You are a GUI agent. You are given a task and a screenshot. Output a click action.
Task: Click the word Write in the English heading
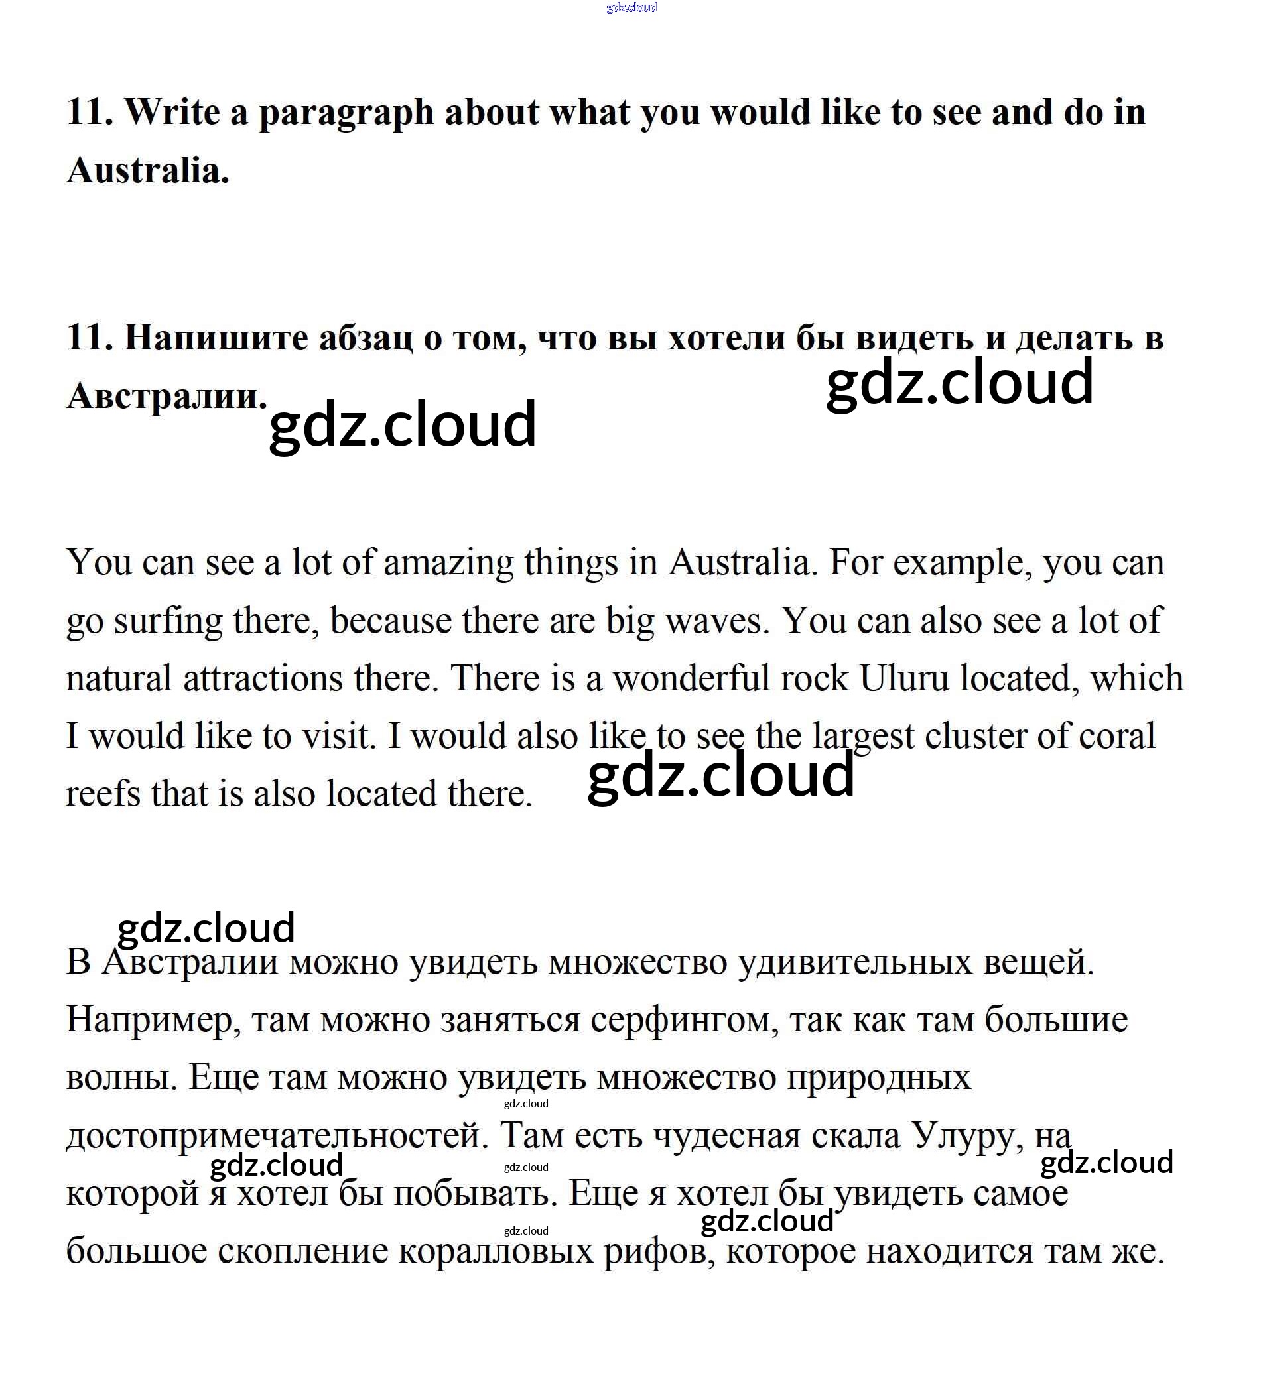click(172, 112)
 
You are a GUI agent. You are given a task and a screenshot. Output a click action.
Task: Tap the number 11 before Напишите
click(89, 338)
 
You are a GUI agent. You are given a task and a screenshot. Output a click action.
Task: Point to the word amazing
click(448, 563)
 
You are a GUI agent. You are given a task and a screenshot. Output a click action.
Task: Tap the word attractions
click(263, 679)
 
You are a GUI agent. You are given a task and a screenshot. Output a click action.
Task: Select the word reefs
click(103, 794)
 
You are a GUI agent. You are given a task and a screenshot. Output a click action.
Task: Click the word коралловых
click(496, 1251)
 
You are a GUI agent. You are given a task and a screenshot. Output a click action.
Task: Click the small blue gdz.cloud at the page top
click(631, 7)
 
